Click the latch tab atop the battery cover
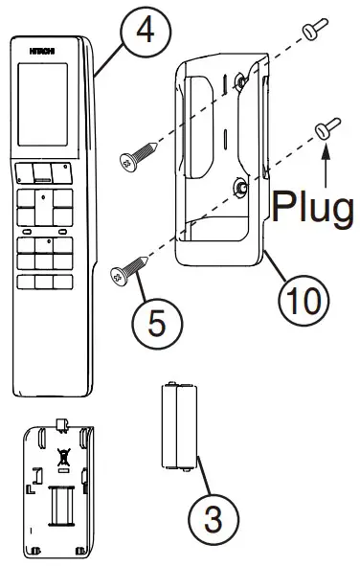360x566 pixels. coord(62,423)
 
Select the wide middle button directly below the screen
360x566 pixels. coord(42,171)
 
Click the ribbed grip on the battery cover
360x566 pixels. coord(62,504)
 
